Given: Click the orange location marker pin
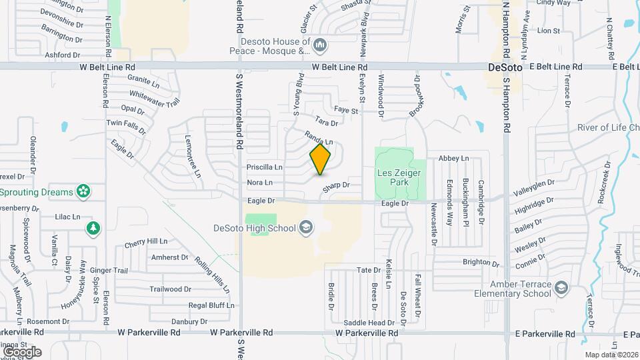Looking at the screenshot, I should (321, 159).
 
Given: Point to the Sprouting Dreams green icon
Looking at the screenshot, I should (83, 192).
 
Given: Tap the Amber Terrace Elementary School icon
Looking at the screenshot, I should (562, 287).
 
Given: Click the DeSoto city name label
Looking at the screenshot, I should (504, 67).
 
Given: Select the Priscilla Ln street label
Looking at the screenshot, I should (265, 167).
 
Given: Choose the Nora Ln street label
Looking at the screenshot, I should (260, 182).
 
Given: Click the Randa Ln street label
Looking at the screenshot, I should (319, 139).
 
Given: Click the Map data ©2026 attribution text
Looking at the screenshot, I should (611, 354).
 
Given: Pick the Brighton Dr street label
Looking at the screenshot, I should (477, 262).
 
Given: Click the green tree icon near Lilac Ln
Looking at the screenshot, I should (93, 229).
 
